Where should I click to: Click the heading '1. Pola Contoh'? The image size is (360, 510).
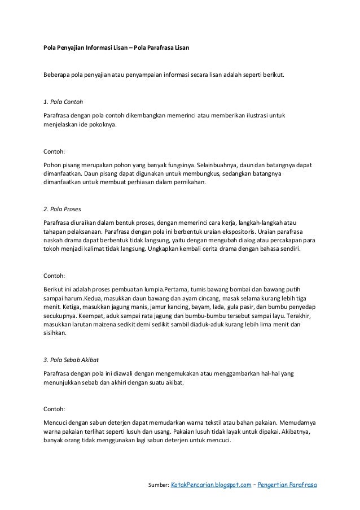(x=63, y=102)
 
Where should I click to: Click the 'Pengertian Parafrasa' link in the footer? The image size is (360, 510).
(x=287, y=485)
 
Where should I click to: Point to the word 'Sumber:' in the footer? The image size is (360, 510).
(x=158, y=485)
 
